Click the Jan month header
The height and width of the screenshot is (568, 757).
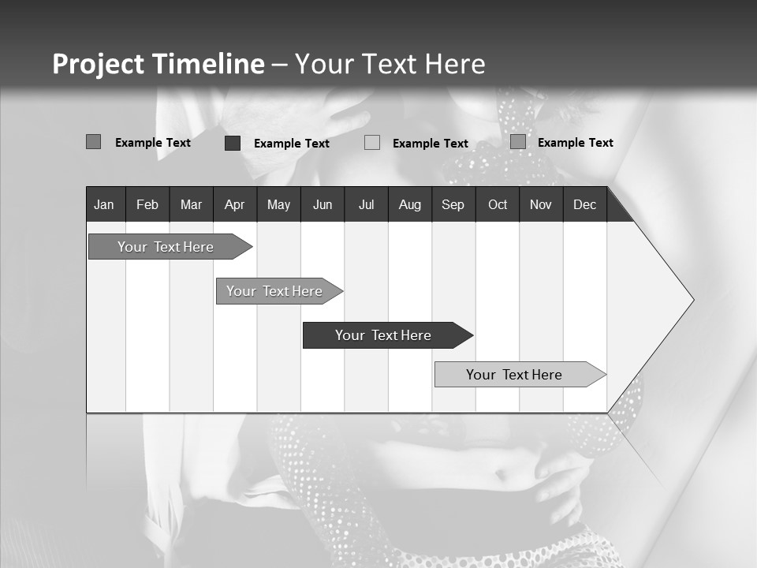(x=104, y=205)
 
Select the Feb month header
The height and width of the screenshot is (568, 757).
(x=147, y=205)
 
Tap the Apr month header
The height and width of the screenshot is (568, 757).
(x=234, y=205)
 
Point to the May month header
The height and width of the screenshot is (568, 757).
(x=278, y=205)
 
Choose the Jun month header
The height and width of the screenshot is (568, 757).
(x=323, y=205)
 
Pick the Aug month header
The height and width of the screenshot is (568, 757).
(x=409, y=205)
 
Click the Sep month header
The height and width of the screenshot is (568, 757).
(x=453, y=205)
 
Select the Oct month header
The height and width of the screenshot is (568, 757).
(x=498, y=205)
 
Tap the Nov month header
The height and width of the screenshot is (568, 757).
(x=541, y=205)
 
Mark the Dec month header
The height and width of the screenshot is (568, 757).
(x=584, y=205)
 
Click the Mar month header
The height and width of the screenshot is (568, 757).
(x=191, y=205)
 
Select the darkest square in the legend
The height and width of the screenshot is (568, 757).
(x=233, y=143)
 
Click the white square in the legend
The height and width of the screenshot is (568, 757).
(x=372, y=143)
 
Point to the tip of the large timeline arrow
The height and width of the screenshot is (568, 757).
(x=692, y=300)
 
